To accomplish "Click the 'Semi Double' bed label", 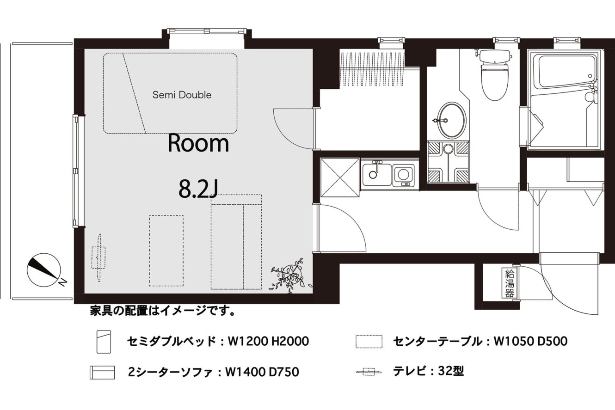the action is (182, 95).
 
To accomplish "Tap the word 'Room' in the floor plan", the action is (198, 143).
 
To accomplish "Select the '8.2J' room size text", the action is (198, 190).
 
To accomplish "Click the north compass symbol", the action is (44, 270).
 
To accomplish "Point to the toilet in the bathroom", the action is (494, 74).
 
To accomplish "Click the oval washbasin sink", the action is (452, 120).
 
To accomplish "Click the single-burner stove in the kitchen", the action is (403, 175).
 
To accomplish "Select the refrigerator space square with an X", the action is (340, 177).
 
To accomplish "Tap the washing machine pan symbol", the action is (449, 162).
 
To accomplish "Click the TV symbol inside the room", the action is (99, 257).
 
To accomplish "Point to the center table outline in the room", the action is (166, 251).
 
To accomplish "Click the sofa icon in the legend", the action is (102, 373).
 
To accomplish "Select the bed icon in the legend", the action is (104, 342).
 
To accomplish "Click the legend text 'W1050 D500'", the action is (530, 342).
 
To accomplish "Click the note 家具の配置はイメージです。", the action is (163, 311).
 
